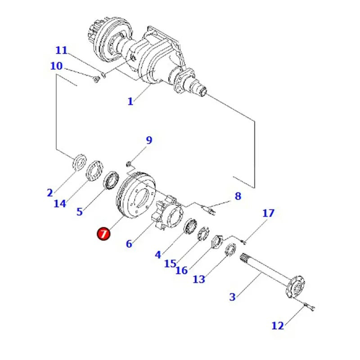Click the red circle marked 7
pyautogui.click(x=103, y=234)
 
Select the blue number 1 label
pyautogui.click(x=130, y=101)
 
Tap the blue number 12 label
pyautogui.click(x=278, y=325)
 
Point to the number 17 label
pyautogui.click(x=268, y=213)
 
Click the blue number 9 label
pyautogui.click(x=148, y=140)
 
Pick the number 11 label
pyautogui.click(x=61, y=50)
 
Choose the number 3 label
pyautogui.click(x=232, y=297)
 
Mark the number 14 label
pyautogui.click(x=60, y=203)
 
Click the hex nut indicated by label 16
pyautogui.click(x=217, y=241)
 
